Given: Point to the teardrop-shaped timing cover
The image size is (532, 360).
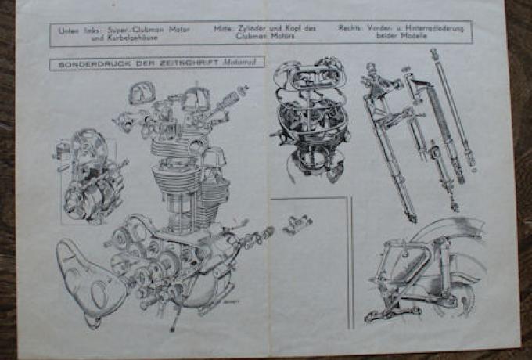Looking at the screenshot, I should tap(87, 275).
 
